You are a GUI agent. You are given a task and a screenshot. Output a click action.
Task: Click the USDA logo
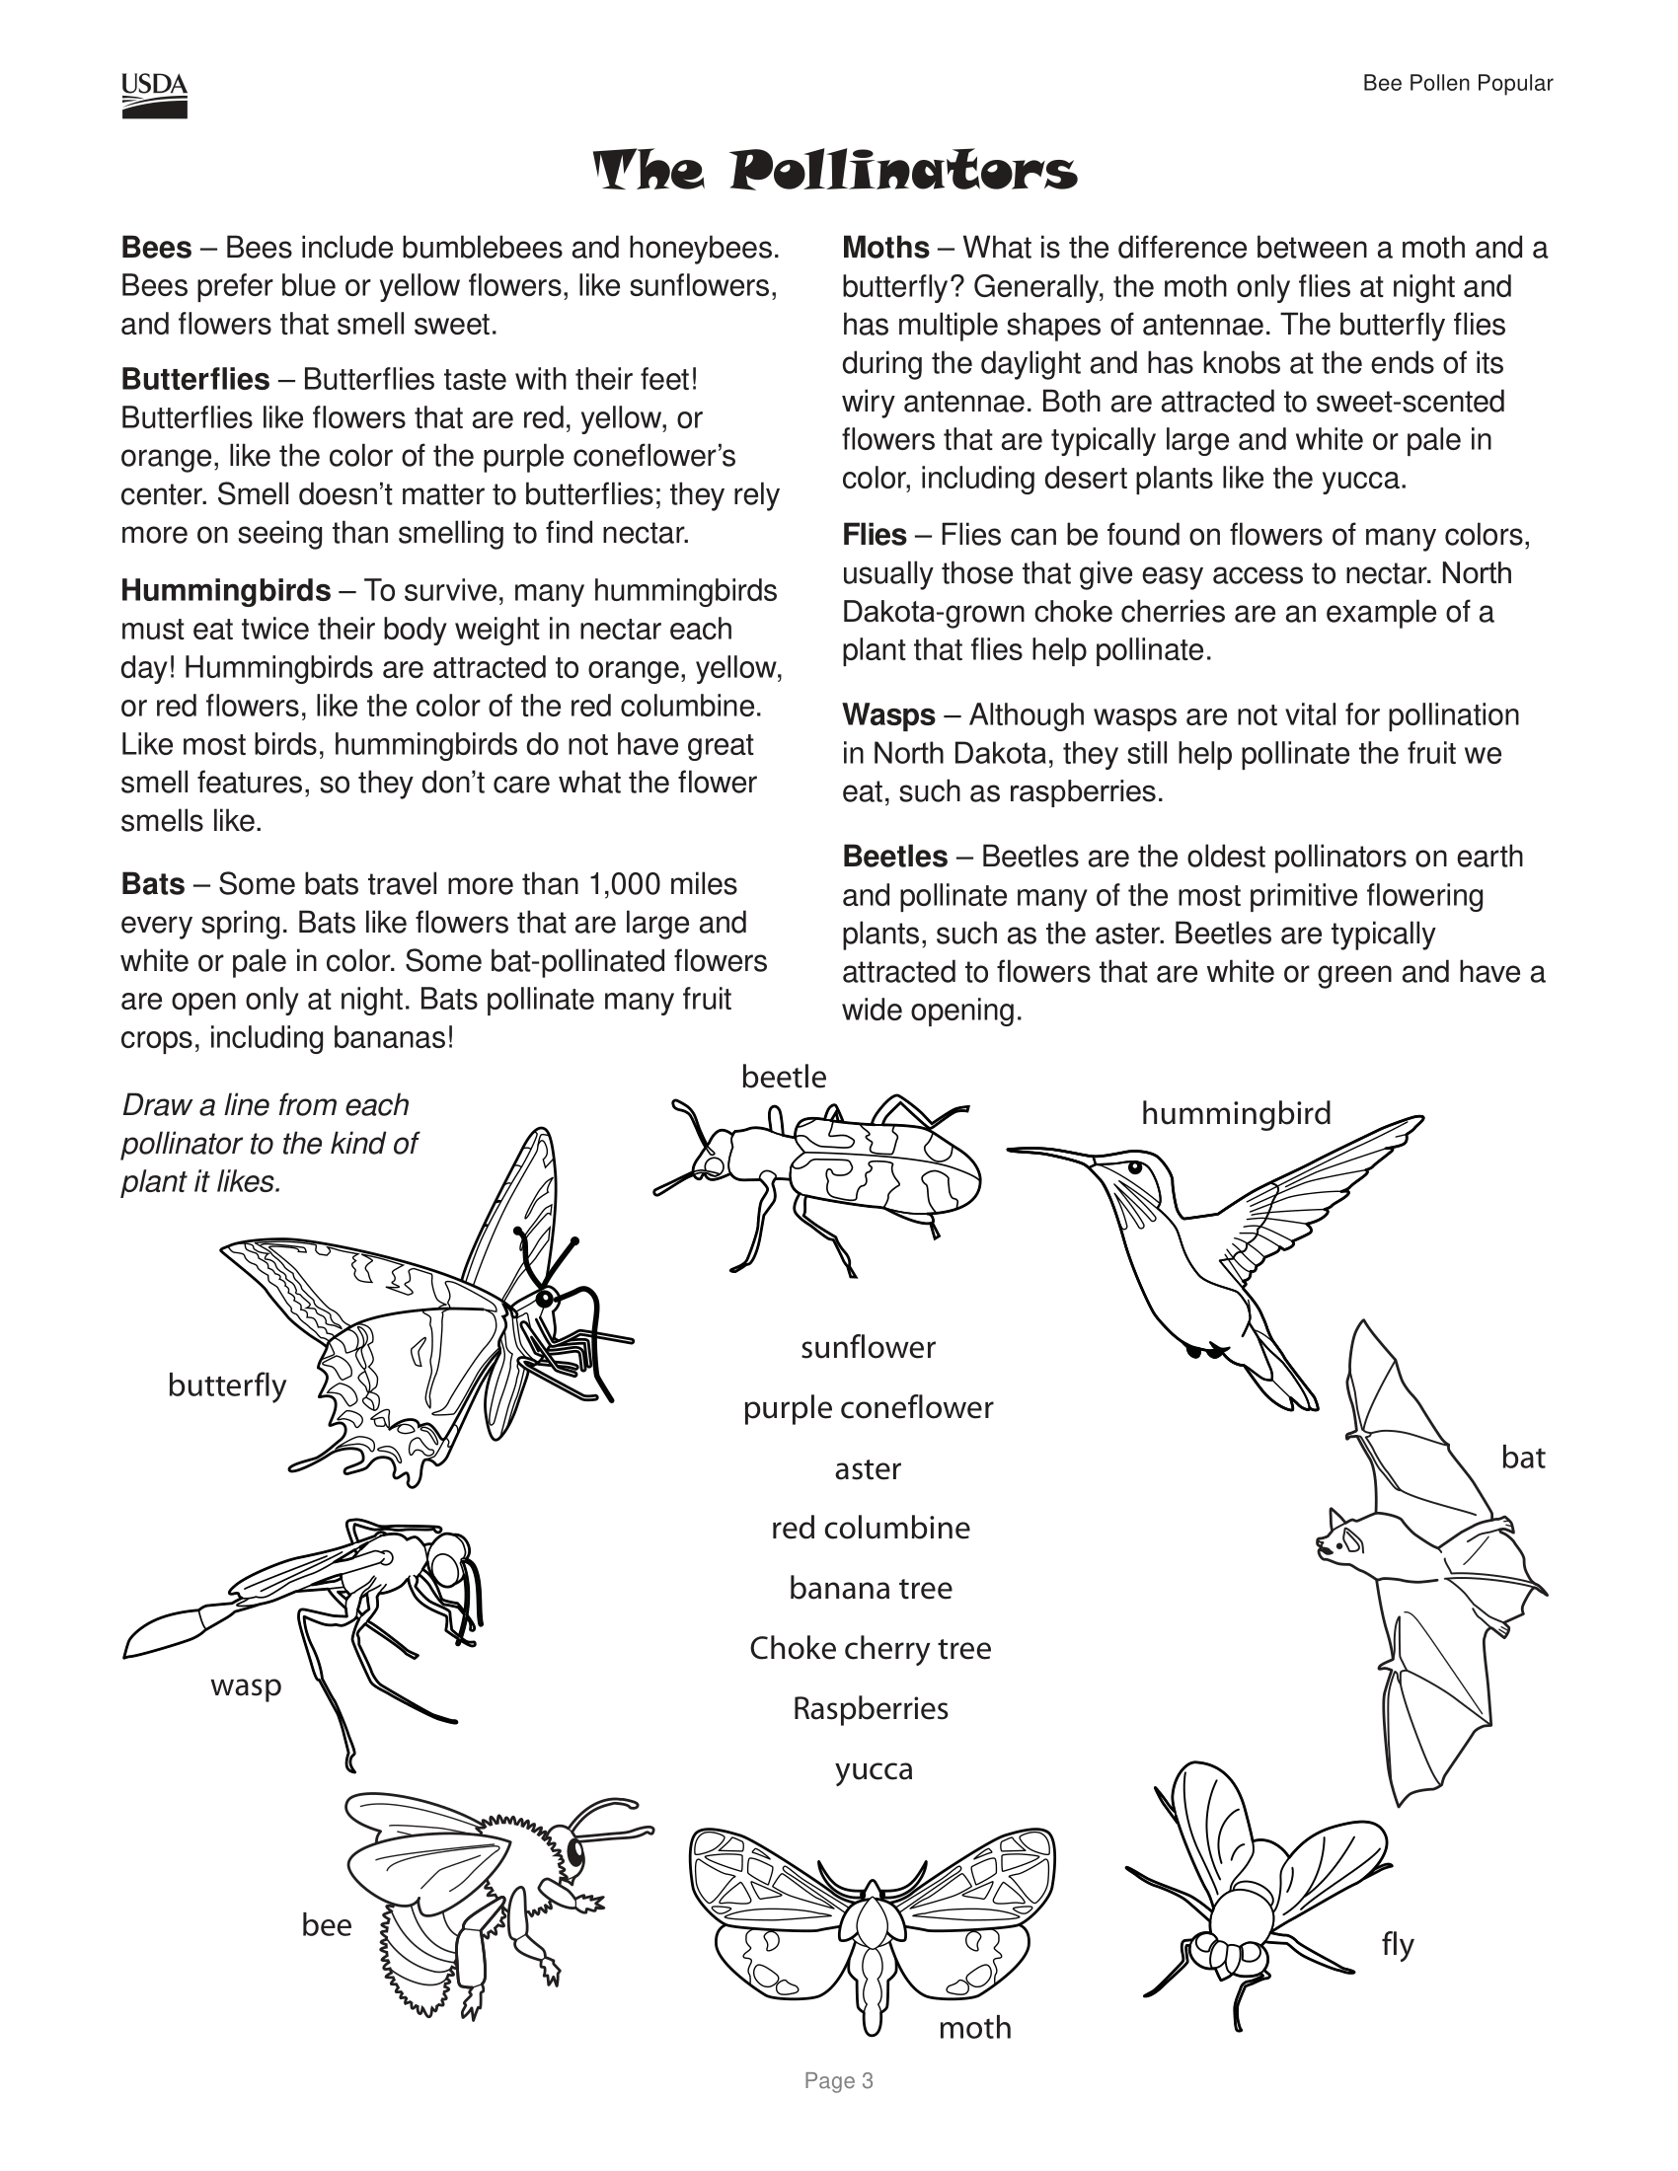(x=154, y=96)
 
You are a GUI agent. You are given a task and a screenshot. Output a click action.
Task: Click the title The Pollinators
(x=835, y=171)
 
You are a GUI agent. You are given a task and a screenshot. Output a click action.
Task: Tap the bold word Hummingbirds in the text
(x=226, y=590)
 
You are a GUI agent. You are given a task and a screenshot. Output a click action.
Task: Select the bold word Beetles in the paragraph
(x=894, y=856)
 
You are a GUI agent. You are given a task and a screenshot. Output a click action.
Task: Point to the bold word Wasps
(x=888, y=714)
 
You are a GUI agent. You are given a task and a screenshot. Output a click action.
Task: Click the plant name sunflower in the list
(x=868, y=1347)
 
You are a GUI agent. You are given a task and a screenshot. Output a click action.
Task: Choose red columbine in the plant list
(x=870, y=1527)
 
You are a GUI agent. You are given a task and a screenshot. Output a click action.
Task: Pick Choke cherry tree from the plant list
(x=870, y=1647)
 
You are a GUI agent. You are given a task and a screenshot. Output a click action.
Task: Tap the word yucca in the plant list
(x=873, y=1768)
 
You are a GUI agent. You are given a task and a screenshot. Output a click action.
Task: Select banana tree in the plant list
(x=870, y=1588)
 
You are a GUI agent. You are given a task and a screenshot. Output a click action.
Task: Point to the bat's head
(x=1340, y=1539)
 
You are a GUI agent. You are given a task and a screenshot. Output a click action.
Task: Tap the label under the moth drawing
(x=974, y=2027)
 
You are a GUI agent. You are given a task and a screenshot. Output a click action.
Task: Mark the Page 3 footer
(x=839, y=2080)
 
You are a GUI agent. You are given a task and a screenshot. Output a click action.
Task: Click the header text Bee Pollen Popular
(x=1456, y=84)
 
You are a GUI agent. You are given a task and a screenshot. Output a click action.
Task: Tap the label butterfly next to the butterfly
(x=227, y=1385)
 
